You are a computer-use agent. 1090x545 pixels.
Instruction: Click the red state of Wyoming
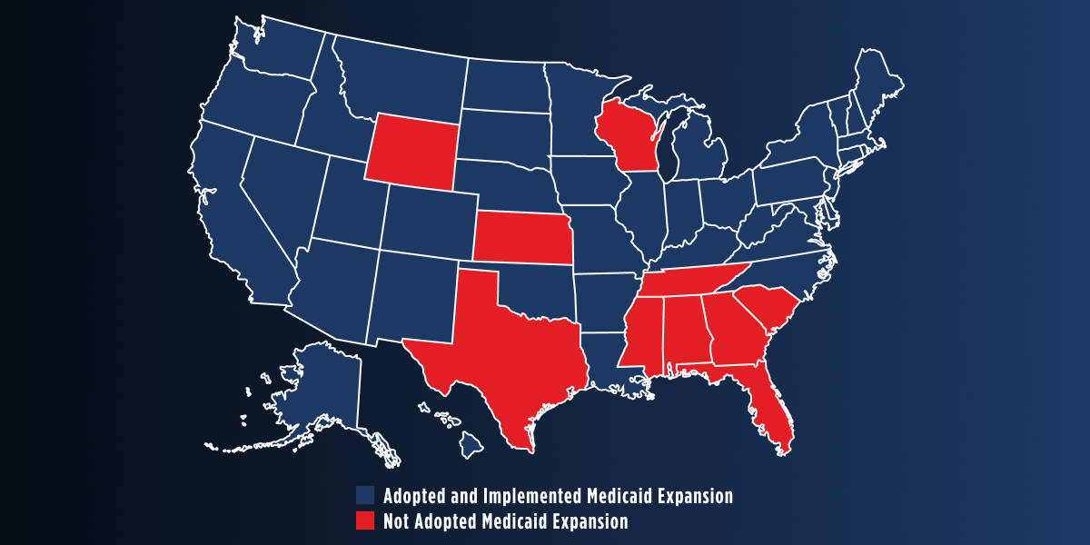[x=411, y=152]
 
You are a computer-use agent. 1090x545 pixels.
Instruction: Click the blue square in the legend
[x=365, y=496]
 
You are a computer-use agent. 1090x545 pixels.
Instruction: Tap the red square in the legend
[x=365, y=521]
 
